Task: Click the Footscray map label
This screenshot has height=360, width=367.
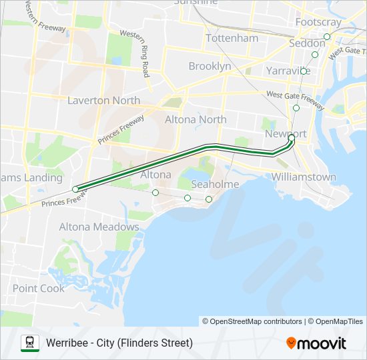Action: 318,22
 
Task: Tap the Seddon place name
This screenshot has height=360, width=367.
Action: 307,43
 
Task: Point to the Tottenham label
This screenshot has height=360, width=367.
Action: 232,38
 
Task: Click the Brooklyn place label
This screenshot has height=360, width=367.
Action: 210,66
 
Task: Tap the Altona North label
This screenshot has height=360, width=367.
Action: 196,119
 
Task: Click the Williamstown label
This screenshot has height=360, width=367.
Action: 304,177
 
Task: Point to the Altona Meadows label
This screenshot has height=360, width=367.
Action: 99,227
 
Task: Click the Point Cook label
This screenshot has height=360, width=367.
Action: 39,288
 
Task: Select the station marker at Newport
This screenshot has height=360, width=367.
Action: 291,139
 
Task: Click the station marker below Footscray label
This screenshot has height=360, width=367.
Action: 327,37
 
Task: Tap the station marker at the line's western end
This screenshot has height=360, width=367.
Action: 75,189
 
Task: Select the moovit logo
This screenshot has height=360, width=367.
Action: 316,343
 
